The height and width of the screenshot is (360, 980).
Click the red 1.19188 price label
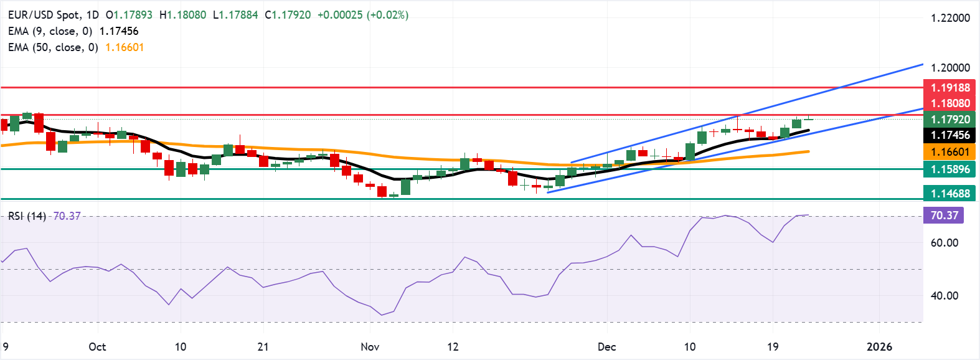pos(950,88)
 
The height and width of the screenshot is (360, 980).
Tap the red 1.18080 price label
pos(950,103)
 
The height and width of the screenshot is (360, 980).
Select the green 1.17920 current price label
pos(950,120)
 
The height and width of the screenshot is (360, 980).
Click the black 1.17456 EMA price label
pos(950,135)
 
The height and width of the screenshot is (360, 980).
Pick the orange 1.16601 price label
pos(950,152)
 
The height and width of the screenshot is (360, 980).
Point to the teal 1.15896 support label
pos(950,169)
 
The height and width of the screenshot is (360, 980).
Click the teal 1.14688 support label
pos(950,194)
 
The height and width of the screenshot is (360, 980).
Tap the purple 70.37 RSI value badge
pos(944,216)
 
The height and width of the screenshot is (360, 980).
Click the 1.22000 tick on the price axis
pos(950,18)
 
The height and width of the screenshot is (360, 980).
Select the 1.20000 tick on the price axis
pos(950,68)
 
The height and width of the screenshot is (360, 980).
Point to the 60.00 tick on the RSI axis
pos(944,243)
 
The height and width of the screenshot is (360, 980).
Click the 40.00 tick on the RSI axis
pos(944,296)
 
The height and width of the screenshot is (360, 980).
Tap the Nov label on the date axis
pos(370,347)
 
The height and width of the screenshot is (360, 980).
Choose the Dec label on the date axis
pos(606,347)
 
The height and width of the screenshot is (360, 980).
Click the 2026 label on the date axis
pos(879,347)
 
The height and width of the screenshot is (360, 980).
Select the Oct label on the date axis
pos(97,347)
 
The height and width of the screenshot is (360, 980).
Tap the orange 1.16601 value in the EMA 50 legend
pos(125,47)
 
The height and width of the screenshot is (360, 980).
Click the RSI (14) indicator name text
pos(27,216)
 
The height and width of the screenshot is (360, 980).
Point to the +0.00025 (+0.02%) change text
pos(362,15)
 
